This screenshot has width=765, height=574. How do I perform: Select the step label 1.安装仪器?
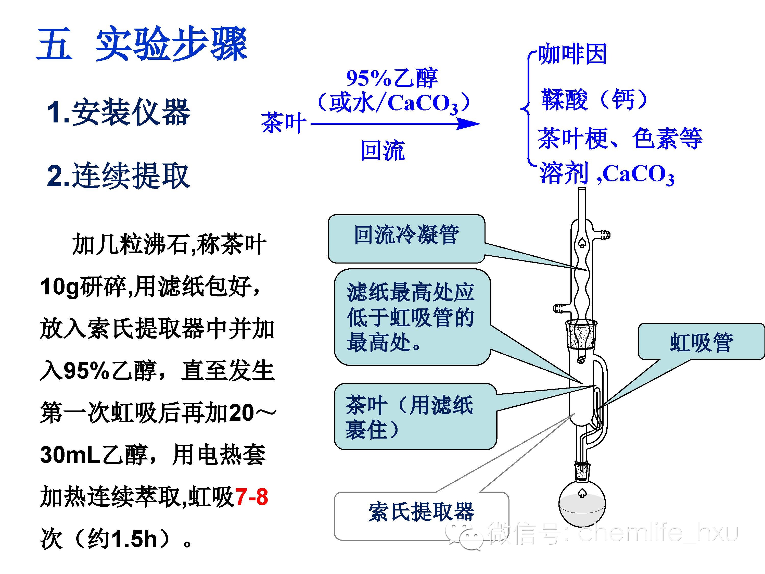tap(119, 112)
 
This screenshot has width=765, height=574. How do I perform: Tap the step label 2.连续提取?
tap(119, 176)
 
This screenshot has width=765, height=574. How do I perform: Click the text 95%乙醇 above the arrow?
tap(392, 78)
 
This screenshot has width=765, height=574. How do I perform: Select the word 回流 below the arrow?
tap(382, 151)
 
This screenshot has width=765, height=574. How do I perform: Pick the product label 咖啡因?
tap(572, 54)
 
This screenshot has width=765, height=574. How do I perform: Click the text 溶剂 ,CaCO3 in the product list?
tap(607, 174)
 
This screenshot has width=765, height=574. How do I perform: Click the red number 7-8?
tap(251, 497)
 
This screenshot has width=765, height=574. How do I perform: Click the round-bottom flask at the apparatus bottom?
tap(582, 505)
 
